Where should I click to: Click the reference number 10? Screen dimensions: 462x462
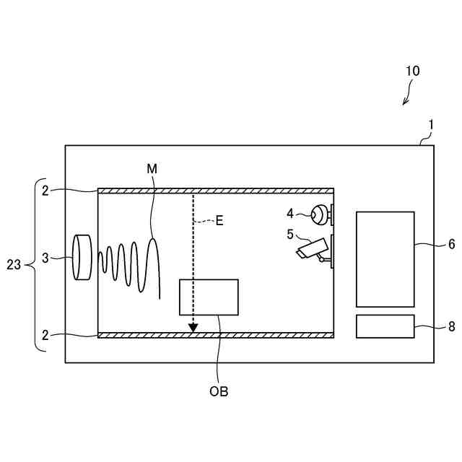412,71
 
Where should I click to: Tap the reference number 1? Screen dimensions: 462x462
431,124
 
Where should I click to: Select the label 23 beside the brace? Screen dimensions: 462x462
14,265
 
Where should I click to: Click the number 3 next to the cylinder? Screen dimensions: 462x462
45,258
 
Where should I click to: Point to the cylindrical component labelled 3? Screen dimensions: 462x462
83,258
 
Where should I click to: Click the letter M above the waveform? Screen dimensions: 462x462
152,168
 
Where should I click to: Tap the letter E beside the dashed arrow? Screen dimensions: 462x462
219,221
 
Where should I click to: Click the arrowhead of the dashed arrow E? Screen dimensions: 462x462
193,328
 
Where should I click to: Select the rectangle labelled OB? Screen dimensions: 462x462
209,297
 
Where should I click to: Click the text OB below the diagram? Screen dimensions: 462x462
219,391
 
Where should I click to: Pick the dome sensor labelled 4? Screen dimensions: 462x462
320,214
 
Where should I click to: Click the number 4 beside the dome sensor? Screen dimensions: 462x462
290,214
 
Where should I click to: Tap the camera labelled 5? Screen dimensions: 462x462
314,249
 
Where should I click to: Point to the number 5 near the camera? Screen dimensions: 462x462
290,233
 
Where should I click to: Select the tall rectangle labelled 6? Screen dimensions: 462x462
385,259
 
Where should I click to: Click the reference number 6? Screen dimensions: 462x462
451,244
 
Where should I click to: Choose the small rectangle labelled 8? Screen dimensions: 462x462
385,326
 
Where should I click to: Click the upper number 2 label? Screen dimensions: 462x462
45,191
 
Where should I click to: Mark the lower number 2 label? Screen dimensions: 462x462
45,335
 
